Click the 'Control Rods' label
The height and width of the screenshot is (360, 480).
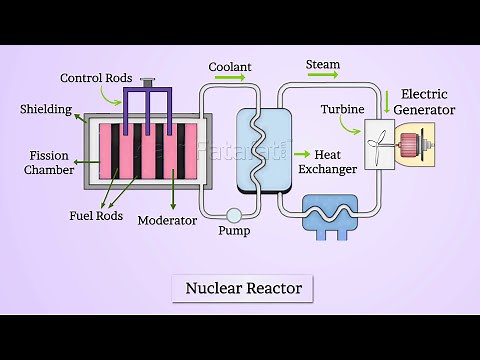[95, 78]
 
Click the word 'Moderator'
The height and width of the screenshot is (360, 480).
[167, 220]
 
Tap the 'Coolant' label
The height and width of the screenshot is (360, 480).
[229, 67]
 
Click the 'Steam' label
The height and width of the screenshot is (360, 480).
[322, 65]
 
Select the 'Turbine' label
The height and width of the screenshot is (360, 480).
[342, 108]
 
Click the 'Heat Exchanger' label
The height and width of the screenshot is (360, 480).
[334, 162]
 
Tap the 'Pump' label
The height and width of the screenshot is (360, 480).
[233, 232]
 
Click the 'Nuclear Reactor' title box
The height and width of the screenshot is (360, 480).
[243, 289]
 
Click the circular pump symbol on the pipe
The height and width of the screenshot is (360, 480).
[233, 214]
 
